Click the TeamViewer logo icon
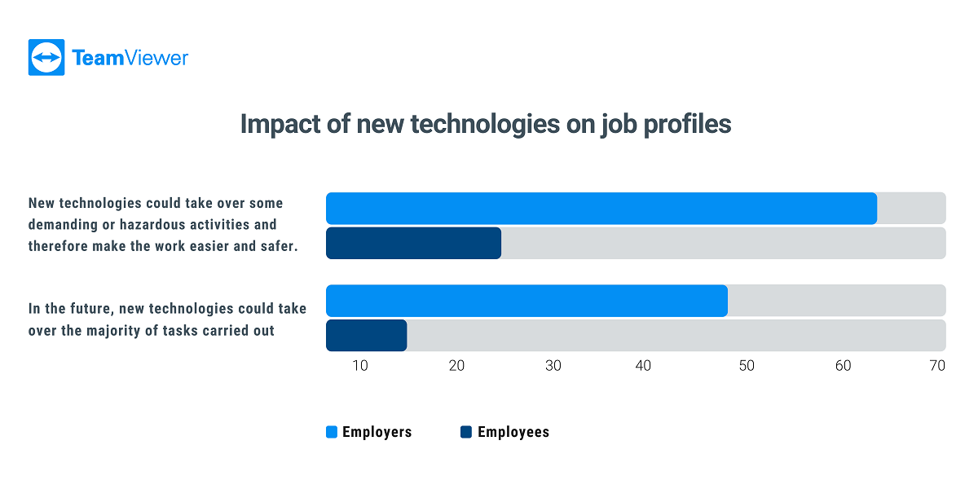pos(46,58)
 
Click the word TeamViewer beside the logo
pos(130,58)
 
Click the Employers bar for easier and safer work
pos(601,209)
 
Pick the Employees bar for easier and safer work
pos(413,243)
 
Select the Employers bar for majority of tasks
pos(526,301)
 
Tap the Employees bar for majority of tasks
pos(366,336)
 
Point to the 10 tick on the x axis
pos(360,366)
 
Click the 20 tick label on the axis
pos(456,366)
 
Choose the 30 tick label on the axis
pos(553,366)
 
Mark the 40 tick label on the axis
pos(644,366)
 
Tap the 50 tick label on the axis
pos(747,366)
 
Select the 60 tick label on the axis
pos(843,366)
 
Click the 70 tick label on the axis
pos(937,366)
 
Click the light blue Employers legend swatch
pos(331,433)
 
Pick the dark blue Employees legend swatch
pos(466,433)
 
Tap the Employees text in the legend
pos(513,433)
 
